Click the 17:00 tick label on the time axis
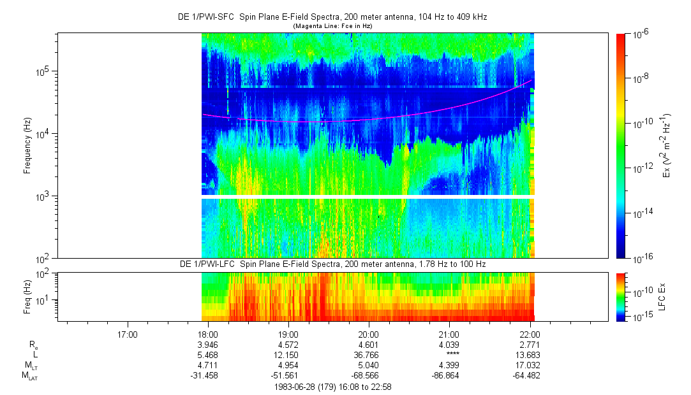[128, 334]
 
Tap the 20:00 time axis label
[369, 334]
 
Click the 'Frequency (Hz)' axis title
[27, 146]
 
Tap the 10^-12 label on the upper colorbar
[640, 168]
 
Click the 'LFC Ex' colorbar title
[664, 296]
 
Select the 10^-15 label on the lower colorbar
[640, 317]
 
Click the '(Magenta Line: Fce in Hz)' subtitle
[332, 26]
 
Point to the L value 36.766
[368, 354]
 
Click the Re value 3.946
[208, 345]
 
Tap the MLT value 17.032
[529, 364]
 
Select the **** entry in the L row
[449, 354]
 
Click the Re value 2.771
[529, 345]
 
